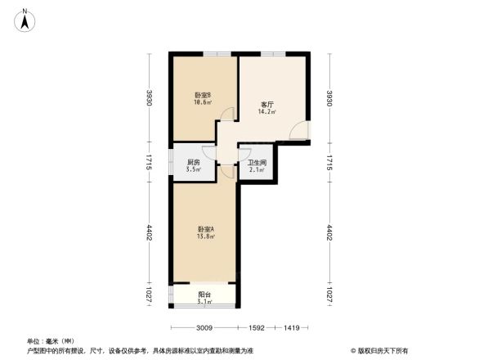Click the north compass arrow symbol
click(x=25, y=19)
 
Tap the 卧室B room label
click(x=203, y=96)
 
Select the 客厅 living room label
click(x=266, y=105)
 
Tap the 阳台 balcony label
click(x=204, y=295)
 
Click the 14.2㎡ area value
click(x=268, y=112)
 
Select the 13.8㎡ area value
click(x=204, y=236)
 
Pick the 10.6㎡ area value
click(x=203, y=103)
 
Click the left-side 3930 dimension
click(x=150, y=99)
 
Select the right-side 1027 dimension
click(x=329, y=295)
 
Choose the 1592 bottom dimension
click(x=256, y=328)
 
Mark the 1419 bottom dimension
click(x=292, y=328)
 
